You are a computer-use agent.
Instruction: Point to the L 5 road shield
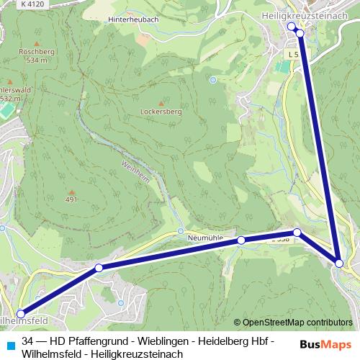click(x=292, y=54)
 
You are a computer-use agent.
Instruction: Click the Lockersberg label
click(x=161, y=112)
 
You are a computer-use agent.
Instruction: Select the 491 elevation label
click(x=71, y=199)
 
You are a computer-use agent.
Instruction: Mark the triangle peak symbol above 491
click(x=71, y=190)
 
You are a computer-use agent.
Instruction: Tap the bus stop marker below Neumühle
click(x=241, y=240)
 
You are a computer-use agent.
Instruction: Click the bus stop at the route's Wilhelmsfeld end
click(x=21, y=314)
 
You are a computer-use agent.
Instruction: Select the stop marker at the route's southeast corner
click(x=339, y=264)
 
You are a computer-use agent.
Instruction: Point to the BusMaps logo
click(x=325, y=344)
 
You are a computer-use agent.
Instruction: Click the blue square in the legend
click(x=9, y=340)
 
